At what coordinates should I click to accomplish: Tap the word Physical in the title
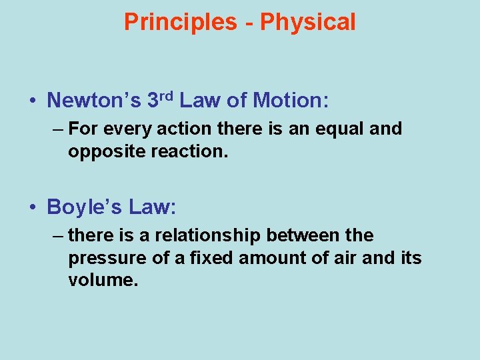pyautogui.click(x=308, y=22)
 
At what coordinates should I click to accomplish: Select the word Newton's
pyautogui.click(x=94, y=101)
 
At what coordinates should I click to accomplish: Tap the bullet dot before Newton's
pyautogui.click(x=32, y=101)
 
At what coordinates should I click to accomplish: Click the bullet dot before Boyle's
pyautogui.click(x=32, y=207)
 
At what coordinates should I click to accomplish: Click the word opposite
pyautogui.click(x=101, y=151)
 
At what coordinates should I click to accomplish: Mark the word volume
pyautogui.click(x=101, y=280)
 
